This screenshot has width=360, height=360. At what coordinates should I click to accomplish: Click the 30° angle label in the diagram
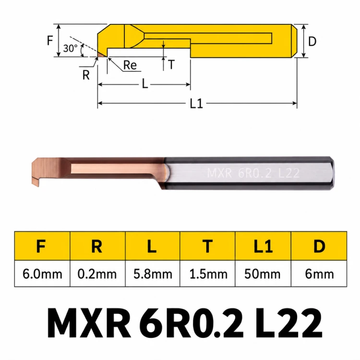(x=70, y=48)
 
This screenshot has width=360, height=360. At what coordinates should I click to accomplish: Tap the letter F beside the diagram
(x=50, y=40)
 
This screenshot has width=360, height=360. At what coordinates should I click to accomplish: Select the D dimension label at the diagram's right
(x=312, y=41)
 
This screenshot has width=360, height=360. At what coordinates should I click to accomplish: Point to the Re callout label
(x=130, y=65)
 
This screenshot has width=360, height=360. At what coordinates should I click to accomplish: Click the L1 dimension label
(x=196, y=103)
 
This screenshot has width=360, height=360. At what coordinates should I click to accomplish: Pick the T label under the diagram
(x=171, y=64)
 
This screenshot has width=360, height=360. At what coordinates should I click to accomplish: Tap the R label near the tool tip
(x=86, y=75)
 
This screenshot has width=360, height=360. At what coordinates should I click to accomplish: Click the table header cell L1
(x=263, y=246)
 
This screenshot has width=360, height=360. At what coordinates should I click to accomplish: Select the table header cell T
(x=207, y=246)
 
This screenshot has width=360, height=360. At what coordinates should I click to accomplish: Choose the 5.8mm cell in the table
(x=153, y=274)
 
